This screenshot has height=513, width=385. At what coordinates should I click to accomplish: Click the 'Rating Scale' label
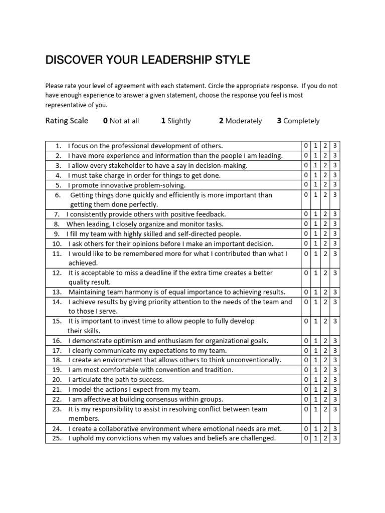point(67,121)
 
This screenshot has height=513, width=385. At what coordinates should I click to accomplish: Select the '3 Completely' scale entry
point(298,121)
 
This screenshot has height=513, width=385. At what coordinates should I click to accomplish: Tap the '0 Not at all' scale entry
point(121,121)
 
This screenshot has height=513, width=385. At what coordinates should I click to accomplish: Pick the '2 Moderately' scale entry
point(240,121)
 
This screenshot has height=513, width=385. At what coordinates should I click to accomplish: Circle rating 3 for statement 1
point(335,146)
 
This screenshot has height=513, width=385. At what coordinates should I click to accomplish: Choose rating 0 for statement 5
point(306,185)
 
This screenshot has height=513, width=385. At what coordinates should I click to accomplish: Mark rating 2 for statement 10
point(325,243)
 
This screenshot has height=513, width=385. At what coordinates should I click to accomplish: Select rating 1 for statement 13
point(315,292)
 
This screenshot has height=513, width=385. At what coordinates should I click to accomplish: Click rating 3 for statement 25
point(335,438)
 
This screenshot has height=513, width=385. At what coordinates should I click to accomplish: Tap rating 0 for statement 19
point(306,370)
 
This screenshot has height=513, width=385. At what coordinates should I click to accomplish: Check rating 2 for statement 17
point(325,350)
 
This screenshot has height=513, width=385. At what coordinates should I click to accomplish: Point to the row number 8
point(57,224)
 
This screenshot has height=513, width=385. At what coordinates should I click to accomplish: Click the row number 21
point(57,389)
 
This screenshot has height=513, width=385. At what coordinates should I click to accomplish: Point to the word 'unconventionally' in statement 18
point(255,360)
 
